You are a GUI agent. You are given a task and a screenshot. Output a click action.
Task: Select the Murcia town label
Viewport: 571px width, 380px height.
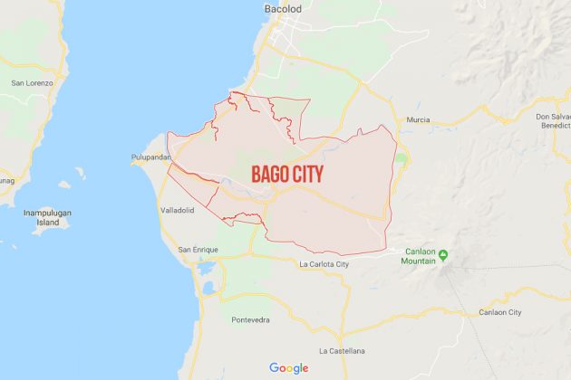(418, 119)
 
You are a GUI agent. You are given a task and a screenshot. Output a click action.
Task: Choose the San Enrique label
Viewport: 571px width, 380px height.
(197, 249)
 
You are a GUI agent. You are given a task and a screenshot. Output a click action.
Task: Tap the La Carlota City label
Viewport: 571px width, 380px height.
(324, 264)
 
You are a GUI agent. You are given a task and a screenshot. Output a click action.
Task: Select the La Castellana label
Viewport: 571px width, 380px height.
(342, 350)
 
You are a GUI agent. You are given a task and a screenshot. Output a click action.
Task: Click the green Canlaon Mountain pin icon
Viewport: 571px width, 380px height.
(443, 252)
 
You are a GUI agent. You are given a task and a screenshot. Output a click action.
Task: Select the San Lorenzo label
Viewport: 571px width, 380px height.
(33, 82)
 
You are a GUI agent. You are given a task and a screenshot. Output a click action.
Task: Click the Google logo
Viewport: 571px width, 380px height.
(288, 368)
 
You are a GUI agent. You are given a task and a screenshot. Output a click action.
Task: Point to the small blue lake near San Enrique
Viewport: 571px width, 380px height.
(209, 288)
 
